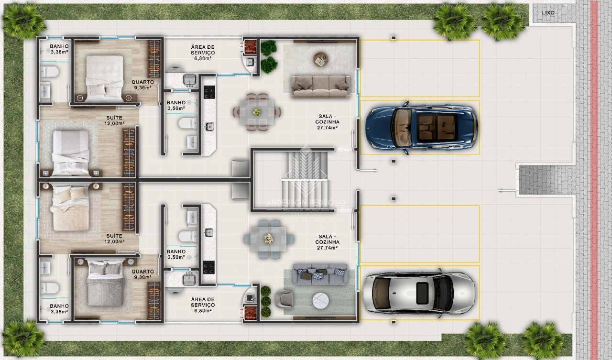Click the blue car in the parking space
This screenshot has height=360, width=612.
[x=421, y=127]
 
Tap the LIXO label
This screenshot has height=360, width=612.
[x=548, y=13]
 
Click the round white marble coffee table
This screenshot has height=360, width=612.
[x=320, y=301]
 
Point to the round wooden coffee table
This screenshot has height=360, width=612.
[x=321, y=59]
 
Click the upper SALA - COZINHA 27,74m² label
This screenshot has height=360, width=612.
[x=328, y=122]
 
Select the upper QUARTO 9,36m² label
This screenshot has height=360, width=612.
[x=142, y=85]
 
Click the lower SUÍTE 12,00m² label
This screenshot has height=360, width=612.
[x=115, y=239]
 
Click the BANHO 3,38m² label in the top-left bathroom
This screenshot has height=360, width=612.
[x=59, y=49]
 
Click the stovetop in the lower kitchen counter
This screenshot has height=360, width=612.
[x=209, y=267]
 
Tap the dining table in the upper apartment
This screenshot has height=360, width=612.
[x=257, y=112]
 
